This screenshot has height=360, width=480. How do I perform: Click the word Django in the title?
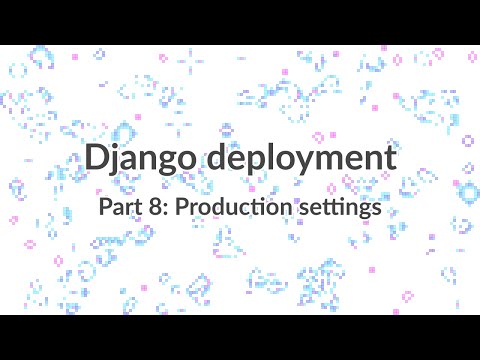pos(141,159)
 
